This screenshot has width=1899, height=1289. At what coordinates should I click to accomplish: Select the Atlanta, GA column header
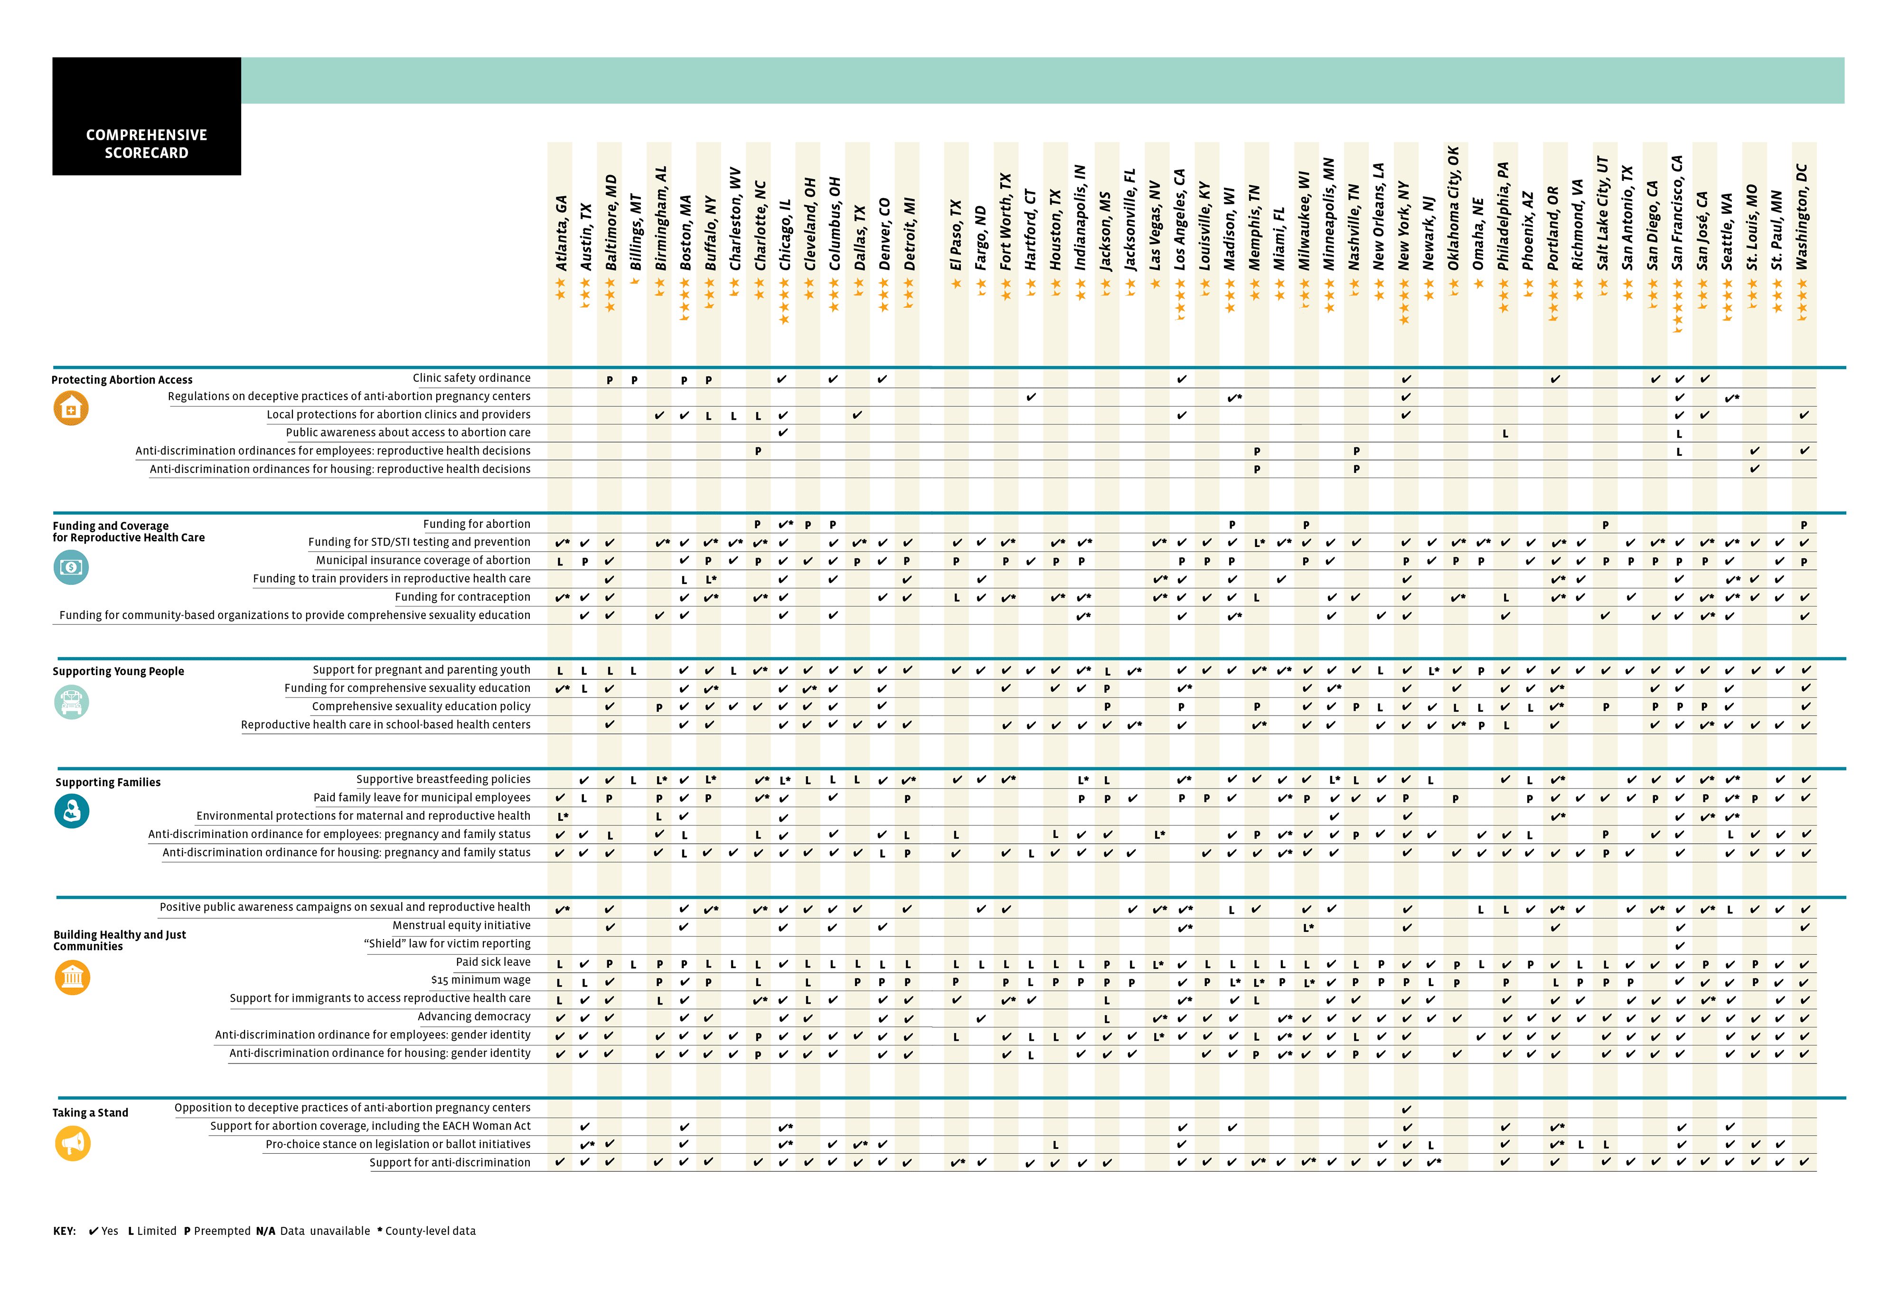(x=561, y=234)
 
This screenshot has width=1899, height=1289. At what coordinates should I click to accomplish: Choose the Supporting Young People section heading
(x=119, y=672)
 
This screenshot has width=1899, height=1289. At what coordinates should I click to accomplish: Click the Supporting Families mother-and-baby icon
(x=72, y=812)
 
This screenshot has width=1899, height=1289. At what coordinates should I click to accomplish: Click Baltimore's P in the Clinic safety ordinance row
(x=610, y=380)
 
